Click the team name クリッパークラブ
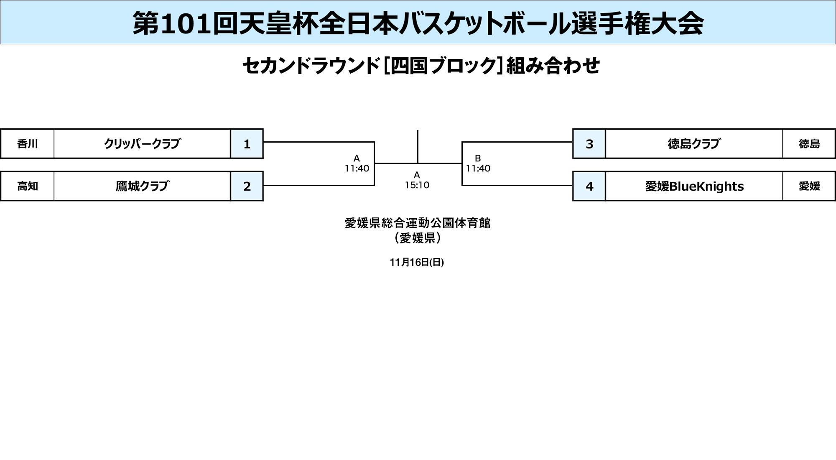(142, 144)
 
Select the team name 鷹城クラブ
(142, 186)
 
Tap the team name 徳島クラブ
(694, 144)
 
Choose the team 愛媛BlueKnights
(694, 186)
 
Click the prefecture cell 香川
(28, 144)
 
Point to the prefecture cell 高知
(28, 186)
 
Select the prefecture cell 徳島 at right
(809, 144)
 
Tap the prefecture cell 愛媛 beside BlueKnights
(809, 186)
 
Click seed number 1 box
(247, 144)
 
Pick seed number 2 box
(247, 186)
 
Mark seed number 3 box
(589, 144)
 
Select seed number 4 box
(589, 186)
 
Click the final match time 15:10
(417, 185)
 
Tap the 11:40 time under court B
(478, 169)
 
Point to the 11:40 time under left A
(357, 169)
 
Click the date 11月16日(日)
(417, 262)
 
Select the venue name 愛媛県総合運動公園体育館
(418, 223)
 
